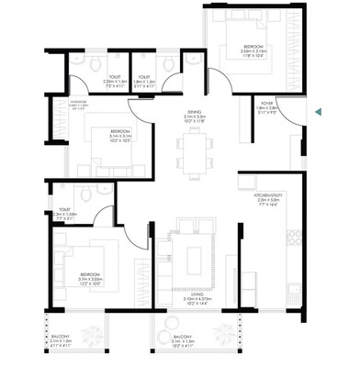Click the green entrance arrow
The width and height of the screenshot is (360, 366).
317,112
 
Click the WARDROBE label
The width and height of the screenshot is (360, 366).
63,105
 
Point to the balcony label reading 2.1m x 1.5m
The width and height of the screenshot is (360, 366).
62,339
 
